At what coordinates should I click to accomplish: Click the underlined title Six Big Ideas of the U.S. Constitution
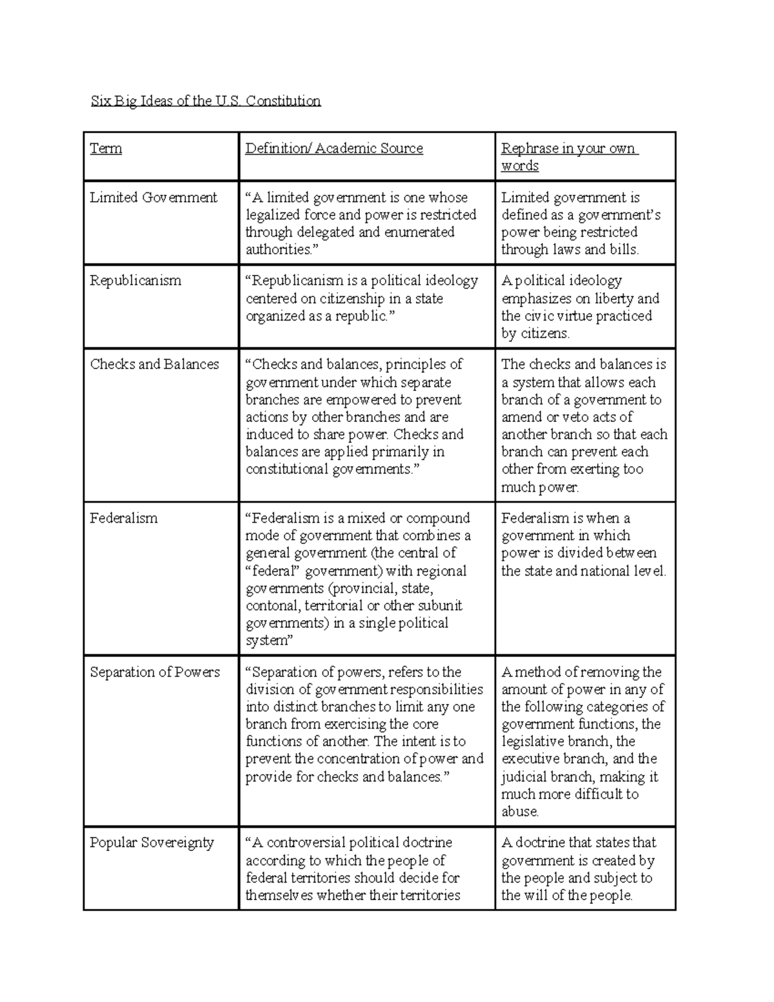click(x=205, y=101)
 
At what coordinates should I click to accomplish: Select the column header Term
click(x=106, y=148)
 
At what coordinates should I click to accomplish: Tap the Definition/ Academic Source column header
click(x=333, y=148)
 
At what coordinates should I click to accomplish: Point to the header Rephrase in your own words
click(x=568, y=157)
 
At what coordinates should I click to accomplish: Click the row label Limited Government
click(x=154, y=197)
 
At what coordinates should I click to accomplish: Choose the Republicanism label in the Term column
click(x=135, y=281)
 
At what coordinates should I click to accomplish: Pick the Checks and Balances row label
click(x=154, y=364)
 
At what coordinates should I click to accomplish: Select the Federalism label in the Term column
click(x=123, y=518)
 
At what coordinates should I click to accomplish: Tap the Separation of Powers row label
click(x=155, y=672)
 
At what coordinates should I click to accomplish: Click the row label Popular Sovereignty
click(x=152, y=843)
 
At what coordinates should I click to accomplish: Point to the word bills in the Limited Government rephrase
click(x=623, y=250)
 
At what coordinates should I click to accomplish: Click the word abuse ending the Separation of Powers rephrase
click(x=520, y=812)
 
